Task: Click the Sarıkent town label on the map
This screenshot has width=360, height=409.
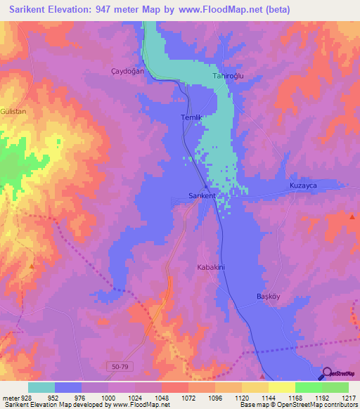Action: tap(202, 195)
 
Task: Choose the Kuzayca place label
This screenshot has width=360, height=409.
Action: tap(304, 185)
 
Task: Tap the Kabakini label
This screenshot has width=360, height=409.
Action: tap(210, 267)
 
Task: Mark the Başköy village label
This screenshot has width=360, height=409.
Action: tap(267, 297)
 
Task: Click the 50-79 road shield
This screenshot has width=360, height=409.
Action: tap(120, 366)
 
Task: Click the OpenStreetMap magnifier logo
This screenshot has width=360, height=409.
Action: tap(326, 374)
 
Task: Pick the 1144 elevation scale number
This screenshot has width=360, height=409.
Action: tap(268, 397)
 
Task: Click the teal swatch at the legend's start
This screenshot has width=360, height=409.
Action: tap(41, 387)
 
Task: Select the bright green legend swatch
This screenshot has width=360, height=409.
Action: tap(308, 387)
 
